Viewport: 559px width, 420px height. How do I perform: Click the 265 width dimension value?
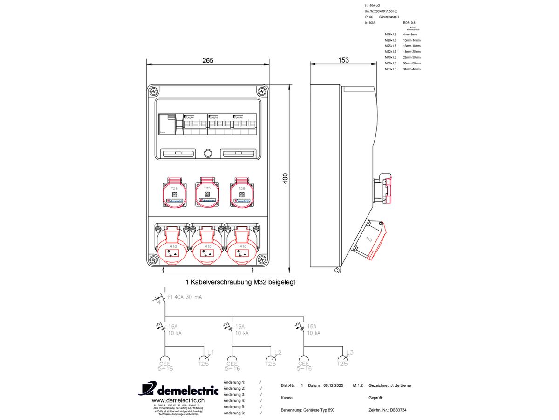click(208, 60)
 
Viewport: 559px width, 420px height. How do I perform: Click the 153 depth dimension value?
click(343, 60)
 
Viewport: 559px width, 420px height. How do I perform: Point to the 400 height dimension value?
click(286, 178)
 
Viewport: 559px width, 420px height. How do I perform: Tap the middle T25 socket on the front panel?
click(208, 192)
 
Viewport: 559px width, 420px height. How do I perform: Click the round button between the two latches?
click(208, 153)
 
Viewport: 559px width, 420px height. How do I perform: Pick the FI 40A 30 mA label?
click(185, 297)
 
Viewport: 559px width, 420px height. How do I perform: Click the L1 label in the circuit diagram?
click(210, 352)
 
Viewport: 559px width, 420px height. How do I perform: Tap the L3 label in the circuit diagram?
click(350, 352)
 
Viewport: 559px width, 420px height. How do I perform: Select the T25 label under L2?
click(271, 364)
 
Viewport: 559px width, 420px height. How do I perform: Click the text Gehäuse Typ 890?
click(319, 410)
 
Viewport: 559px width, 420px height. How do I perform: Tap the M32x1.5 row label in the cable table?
click(391, 52)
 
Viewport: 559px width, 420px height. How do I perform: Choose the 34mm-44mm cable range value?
click(411, 69)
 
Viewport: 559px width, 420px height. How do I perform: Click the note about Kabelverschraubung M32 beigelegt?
click(240, 282)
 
